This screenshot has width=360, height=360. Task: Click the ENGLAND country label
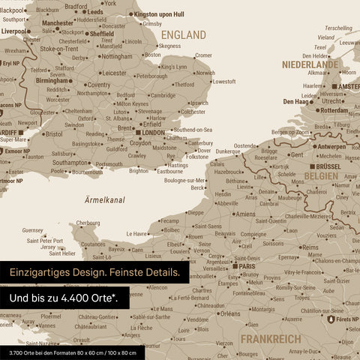183,34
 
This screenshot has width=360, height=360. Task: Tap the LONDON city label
152,133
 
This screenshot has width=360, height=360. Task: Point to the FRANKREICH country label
271,338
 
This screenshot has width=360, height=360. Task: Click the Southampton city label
70,162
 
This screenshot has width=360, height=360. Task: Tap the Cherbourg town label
88,223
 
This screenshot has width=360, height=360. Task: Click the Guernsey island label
33,230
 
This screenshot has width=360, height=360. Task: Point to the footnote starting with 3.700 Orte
69,352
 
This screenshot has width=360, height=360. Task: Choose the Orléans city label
230,313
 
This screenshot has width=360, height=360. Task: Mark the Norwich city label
205,73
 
